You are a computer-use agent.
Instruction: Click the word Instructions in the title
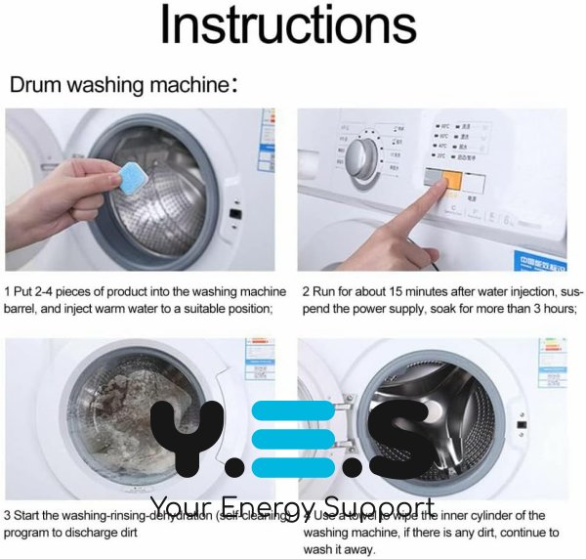292,26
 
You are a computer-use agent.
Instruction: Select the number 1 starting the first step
8,292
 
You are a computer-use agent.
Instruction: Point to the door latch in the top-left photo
235,213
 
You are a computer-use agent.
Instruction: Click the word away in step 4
359,550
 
